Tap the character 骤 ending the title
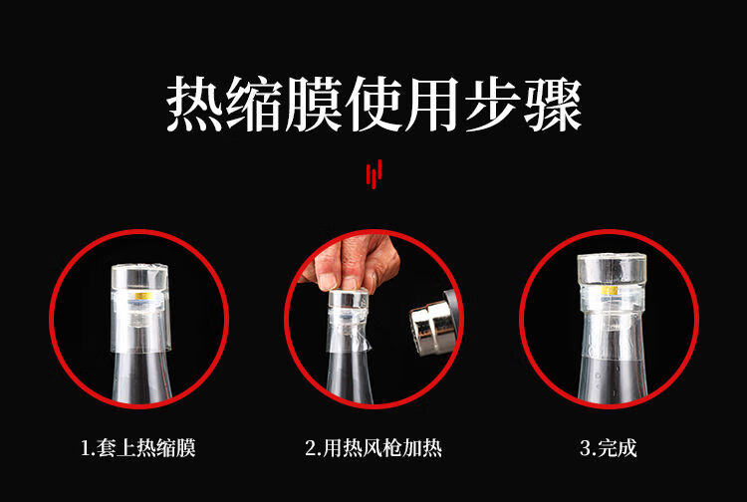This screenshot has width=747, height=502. [553, 105]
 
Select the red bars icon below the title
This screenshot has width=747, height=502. [373, 174]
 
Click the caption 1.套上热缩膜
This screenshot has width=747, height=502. [138, 447]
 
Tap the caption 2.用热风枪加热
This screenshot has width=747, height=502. [373, 447]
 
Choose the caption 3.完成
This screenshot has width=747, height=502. [609, 447]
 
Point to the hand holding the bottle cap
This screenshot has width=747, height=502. [352, 261]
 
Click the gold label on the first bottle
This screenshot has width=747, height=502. [142, 296]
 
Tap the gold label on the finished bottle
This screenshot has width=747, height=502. [609, 290]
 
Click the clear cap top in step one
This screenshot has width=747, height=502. [140, 276]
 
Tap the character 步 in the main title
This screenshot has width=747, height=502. [493, 105]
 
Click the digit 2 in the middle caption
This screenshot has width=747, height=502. [310, 448]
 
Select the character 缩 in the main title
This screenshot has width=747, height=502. [254, 105]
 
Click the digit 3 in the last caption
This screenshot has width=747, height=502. [585, 448]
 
